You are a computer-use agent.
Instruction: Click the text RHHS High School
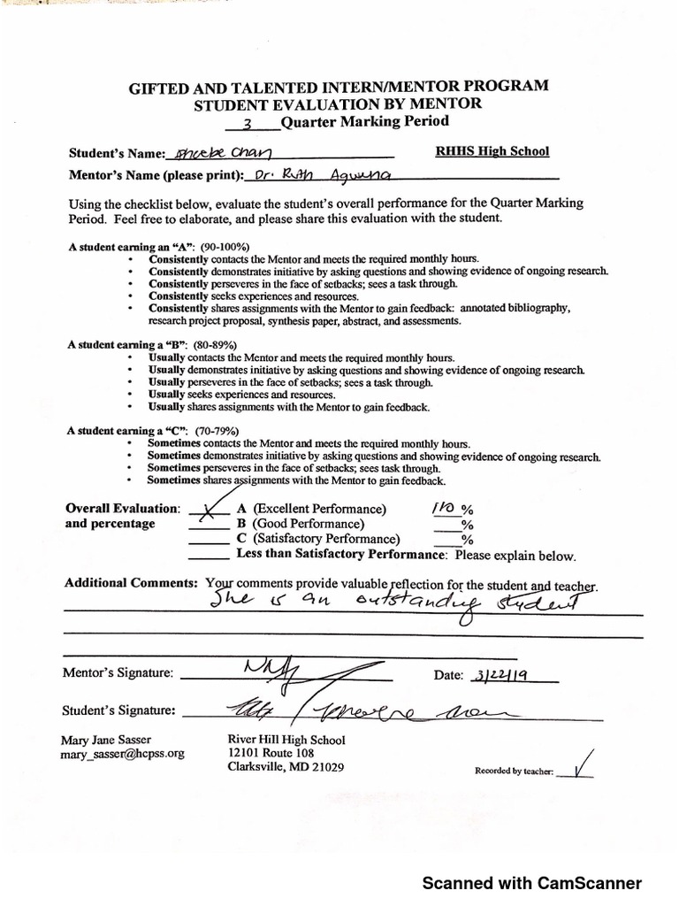(492, 151)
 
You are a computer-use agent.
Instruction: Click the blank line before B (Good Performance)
(209, 524)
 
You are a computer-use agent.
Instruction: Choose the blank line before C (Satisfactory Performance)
(209, 539)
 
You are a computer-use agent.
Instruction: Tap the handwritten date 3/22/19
(500, 675)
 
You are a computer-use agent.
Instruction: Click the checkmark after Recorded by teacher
(581, 766)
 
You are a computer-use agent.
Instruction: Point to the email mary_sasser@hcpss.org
(122, 754)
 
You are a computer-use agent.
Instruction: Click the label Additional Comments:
(131, 584)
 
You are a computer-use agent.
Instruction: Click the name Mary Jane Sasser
(106, 740)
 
